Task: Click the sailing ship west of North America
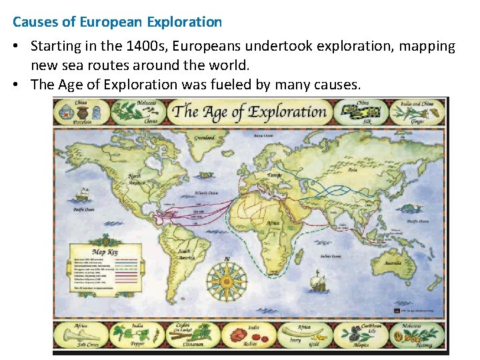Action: click(83, 195)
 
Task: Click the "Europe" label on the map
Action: click(274, 175)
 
